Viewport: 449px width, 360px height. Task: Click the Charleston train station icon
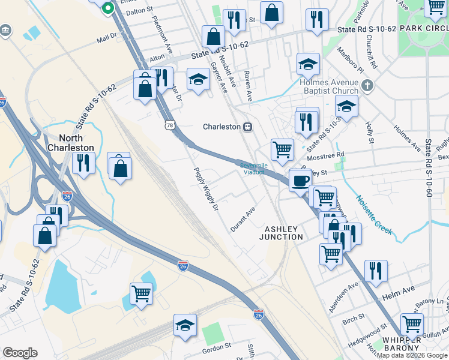pos(247,127)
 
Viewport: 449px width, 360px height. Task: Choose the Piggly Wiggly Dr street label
pos(205,192)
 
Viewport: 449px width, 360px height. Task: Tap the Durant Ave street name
pos(243,220)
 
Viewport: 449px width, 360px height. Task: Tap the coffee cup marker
pos(300,179)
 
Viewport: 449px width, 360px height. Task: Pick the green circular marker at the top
pos(108,8)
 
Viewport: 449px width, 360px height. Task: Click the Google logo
pos(20,352)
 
